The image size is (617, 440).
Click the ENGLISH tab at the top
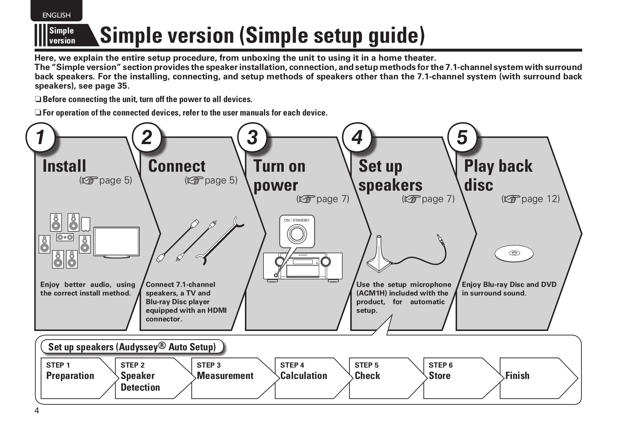coord(56,15)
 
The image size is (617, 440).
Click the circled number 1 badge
coord(41,137)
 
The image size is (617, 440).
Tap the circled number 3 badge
coord(253,137)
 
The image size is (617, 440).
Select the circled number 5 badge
coord(462,137)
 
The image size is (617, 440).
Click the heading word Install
coord(64,166)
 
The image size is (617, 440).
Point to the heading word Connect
coord(176,166)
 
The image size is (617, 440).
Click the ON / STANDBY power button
coord(297,234)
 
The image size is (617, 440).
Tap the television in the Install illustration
coord(117,242)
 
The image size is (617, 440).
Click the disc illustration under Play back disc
coord(514,254)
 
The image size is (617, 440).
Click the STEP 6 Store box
coord(458,378)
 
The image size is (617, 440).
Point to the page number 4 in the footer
coord(37,411)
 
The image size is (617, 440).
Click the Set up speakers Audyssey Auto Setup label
coord(132,347)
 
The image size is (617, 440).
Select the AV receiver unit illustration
coord(303,266)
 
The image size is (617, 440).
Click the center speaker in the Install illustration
coord(65,237)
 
